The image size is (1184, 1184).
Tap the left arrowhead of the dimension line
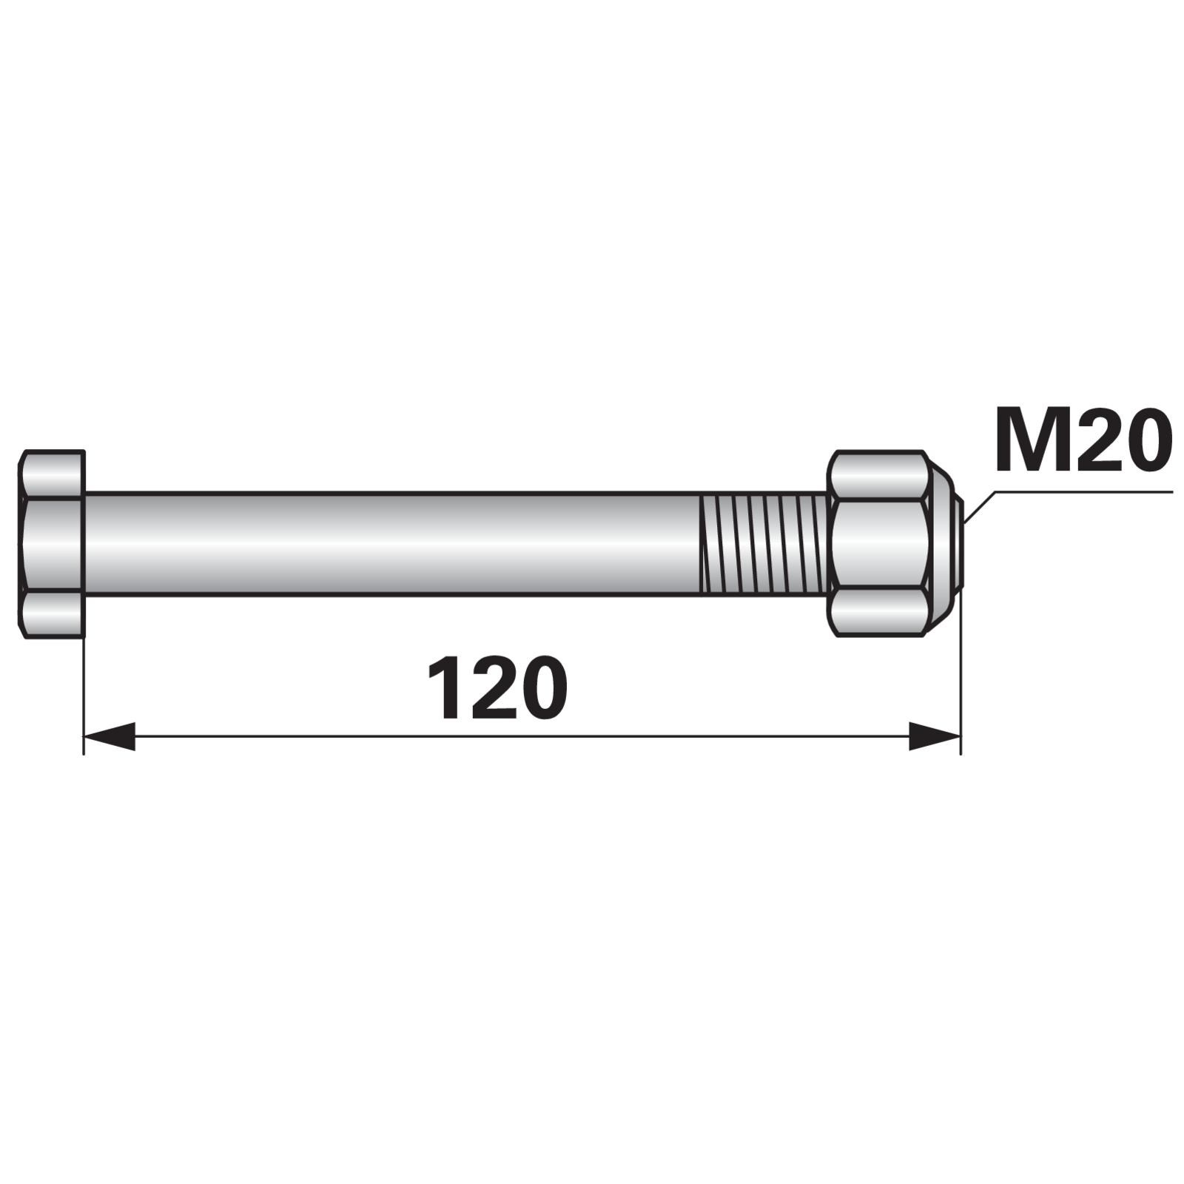[109, 736]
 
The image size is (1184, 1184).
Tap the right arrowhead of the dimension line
[935, 736]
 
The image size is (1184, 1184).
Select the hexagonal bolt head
[51, 544]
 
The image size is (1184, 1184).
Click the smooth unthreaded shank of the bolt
[392, 544]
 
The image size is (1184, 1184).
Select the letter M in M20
[1029, 441]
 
